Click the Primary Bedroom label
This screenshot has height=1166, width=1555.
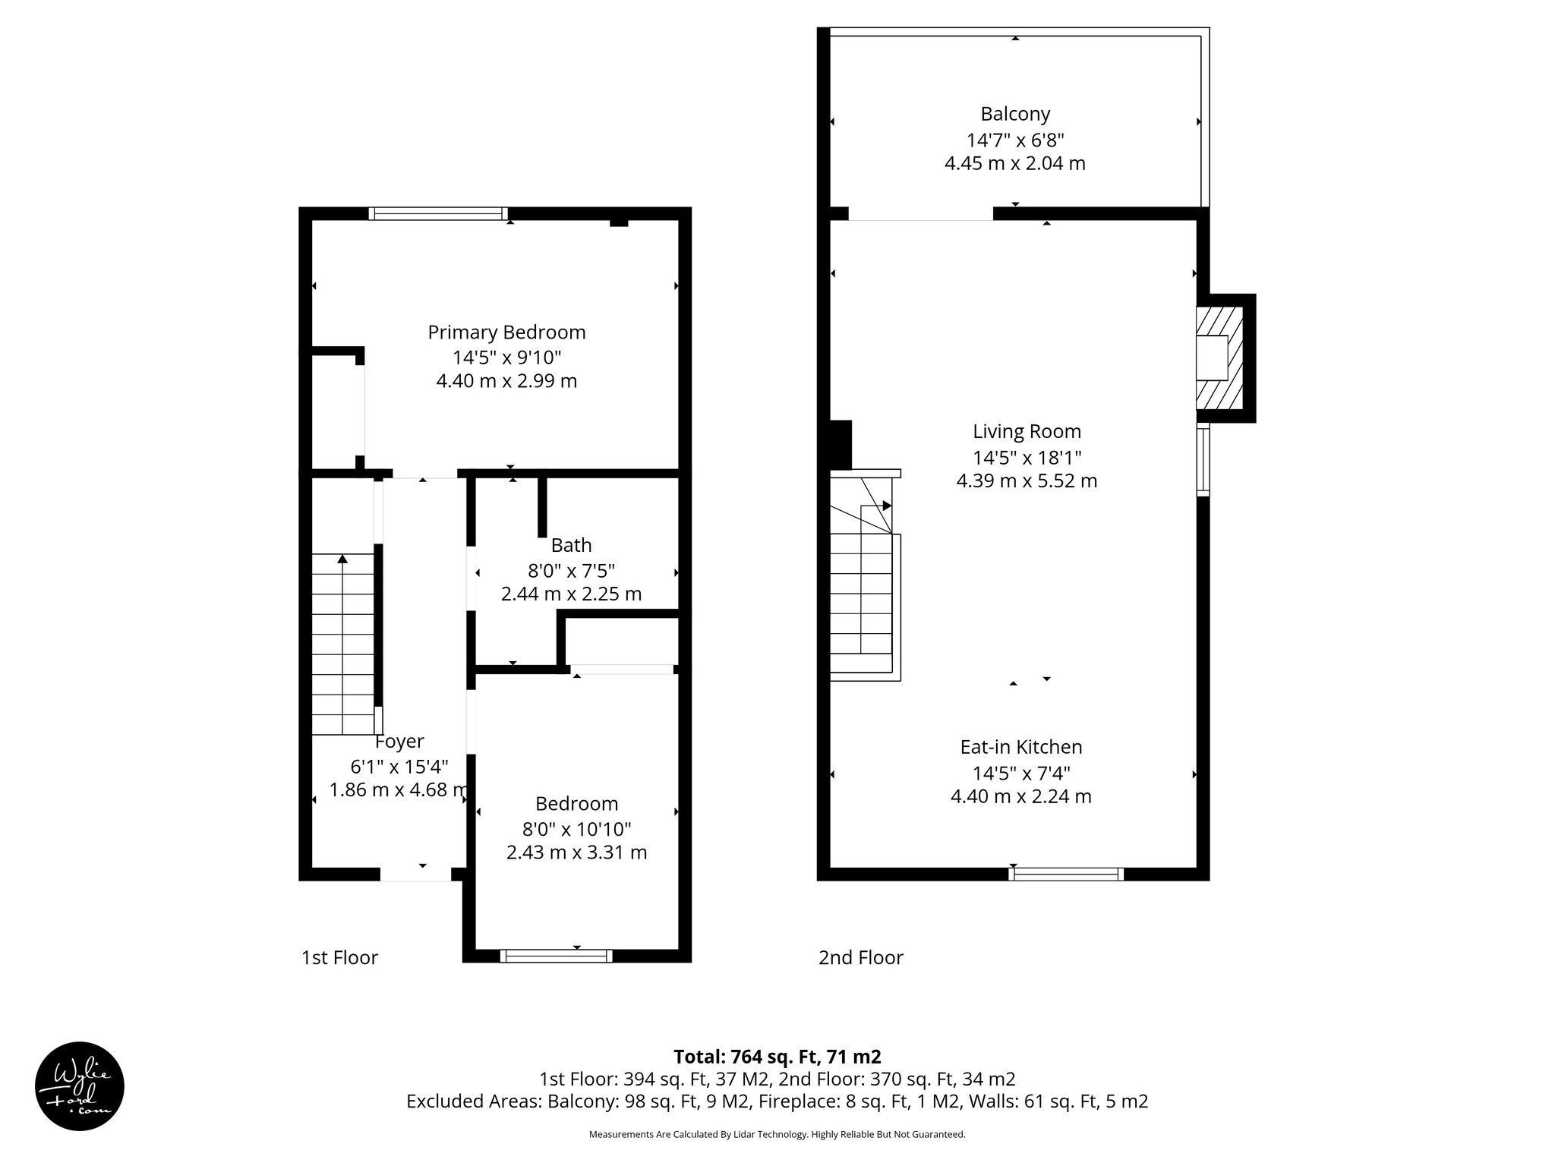(x=506, y=332)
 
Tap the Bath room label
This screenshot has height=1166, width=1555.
(x=571, y=545)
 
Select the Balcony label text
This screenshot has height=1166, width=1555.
(x=1015, y=114)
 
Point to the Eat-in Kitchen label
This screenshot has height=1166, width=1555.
(x=1020, y=747)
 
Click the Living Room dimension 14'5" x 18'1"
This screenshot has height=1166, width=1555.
(x=1027, y=458)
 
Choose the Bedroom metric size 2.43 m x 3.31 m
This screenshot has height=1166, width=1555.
(x=576, y=852)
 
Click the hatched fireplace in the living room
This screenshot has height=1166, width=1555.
(x=1219, y=357)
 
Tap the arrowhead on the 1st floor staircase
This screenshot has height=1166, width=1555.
(x=342, y=559)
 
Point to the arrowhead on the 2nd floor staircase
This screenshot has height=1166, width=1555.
(x=886, y=506)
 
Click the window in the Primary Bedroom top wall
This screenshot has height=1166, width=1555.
(x=438, y=213)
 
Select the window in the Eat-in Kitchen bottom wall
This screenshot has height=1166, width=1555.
(x=1066, y=874)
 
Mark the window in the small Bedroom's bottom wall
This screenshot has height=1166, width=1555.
(x=556, y=956)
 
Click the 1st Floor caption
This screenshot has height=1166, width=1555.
(x=339, y=958)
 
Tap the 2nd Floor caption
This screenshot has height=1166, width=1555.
(x=860, y=958)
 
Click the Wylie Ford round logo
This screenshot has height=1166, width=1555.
(x=80, y=1086)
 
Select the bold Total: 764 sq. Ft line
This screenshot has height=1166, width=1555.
(x=777, y=1057)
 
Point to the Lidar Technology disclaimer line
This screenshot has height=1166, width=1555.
(x=777, y=1134)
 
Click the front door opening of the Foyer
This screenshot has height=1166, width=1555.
(x=415, y=874)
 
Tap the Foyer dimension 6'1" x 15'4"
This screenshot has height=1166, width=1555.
(x=399, y=766)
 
